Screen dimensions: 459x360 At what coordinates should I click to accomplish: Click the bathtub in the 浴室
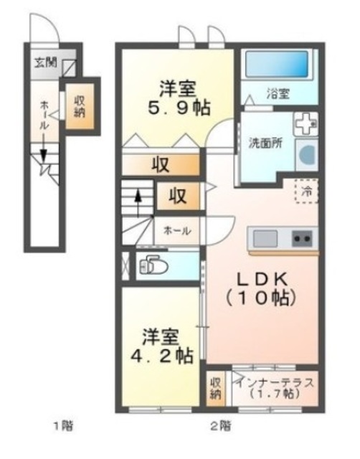pos(276,65)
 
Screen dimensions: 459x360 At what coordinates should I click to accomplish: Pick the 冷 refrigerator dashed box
pos(306,191)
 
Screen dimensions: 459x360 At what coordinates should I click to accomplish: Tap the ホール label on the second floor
pos(177,231)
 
